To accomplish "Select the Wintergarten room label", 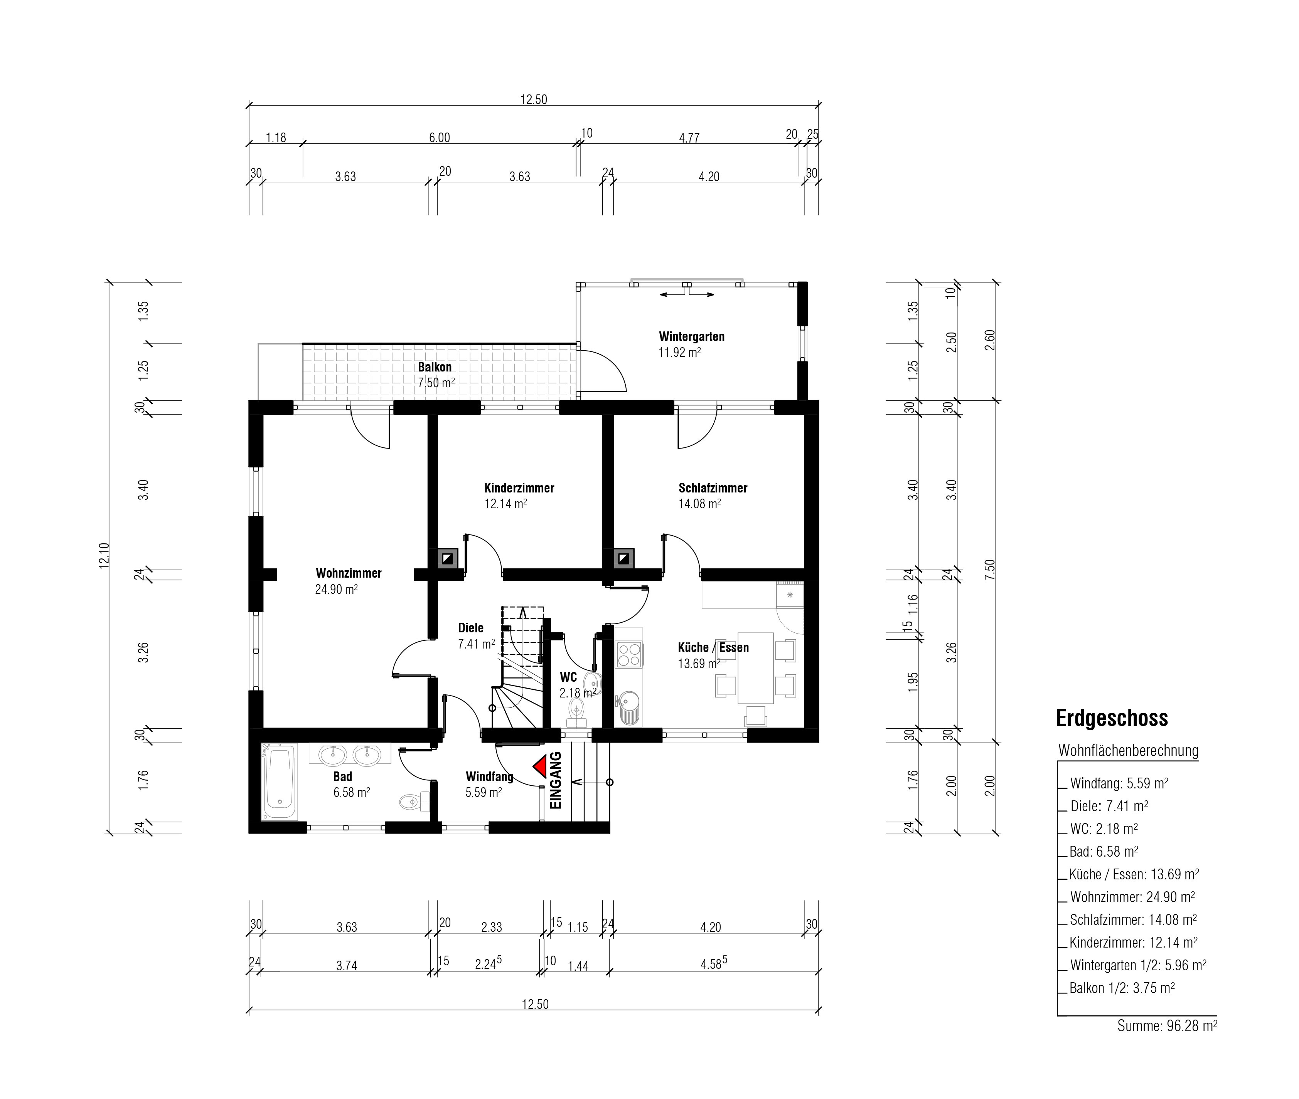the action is [692, 336].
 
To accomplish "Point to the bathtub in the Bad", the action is [279, 783].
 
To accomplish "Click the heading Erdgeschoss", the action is [1112, 718].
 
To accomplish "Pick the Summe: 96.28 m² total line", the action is [1167, 1025].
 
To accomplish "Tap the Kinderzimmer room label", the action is [519, 488].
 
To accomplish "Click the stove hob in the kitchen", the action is [629, 654].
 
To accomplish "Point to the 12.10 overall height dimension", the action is [104, 555].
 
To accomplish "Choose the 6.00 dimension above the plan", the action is [440, 138].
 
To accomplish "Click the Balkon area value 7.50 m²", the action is [436, 383].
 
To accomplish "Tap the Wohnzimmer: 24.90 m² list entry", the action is [1132, 897].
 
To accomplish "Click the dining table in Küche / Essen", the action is [755, 668].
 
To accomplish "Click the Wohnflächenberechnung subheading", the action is [1128, 751].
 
